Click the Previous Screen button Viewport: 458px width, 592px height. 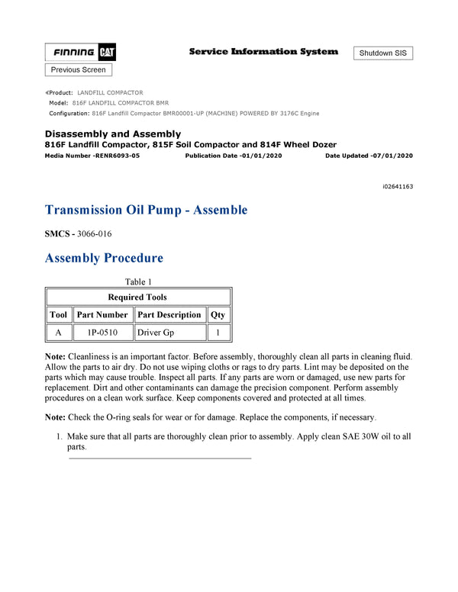pyautogui.click(x=79, y=69)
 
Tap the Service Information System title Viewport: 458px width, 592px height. pyautogui.click(x=263, y=52)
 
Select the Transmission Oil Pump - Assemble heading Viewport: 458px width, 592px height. pyautogui.click(x=146, y=210)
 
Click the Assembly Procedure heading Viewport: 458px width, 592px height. pyautogui.click(x=104, y=258)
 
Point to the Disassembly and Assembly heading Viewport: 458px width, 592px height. pyautogui.click(x=113, y=134)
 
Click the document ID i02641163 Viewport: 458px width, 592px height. pyautogui.click(x=398, y=186)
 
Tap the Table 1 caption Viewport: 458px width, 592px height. pyautogui.click(x=139, y=282)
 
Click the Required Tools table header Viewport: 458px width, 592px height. pyautogui.click(x=138, y=297)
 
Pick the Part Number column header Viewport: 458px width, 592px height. pyautogui.click(x=102, y=314)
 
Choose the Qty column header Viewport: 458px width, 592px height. pyautogui.click(x=218, y=314)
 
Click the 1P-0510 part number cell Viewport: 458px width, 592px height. pyautogui.click(x=102, y=333)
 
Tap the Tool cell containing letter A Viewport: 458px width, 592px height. pyautogui.click(x=59, y=333)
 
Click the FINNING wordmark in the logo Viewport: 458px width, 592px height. pyautogui.click(x=74, y=53)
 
